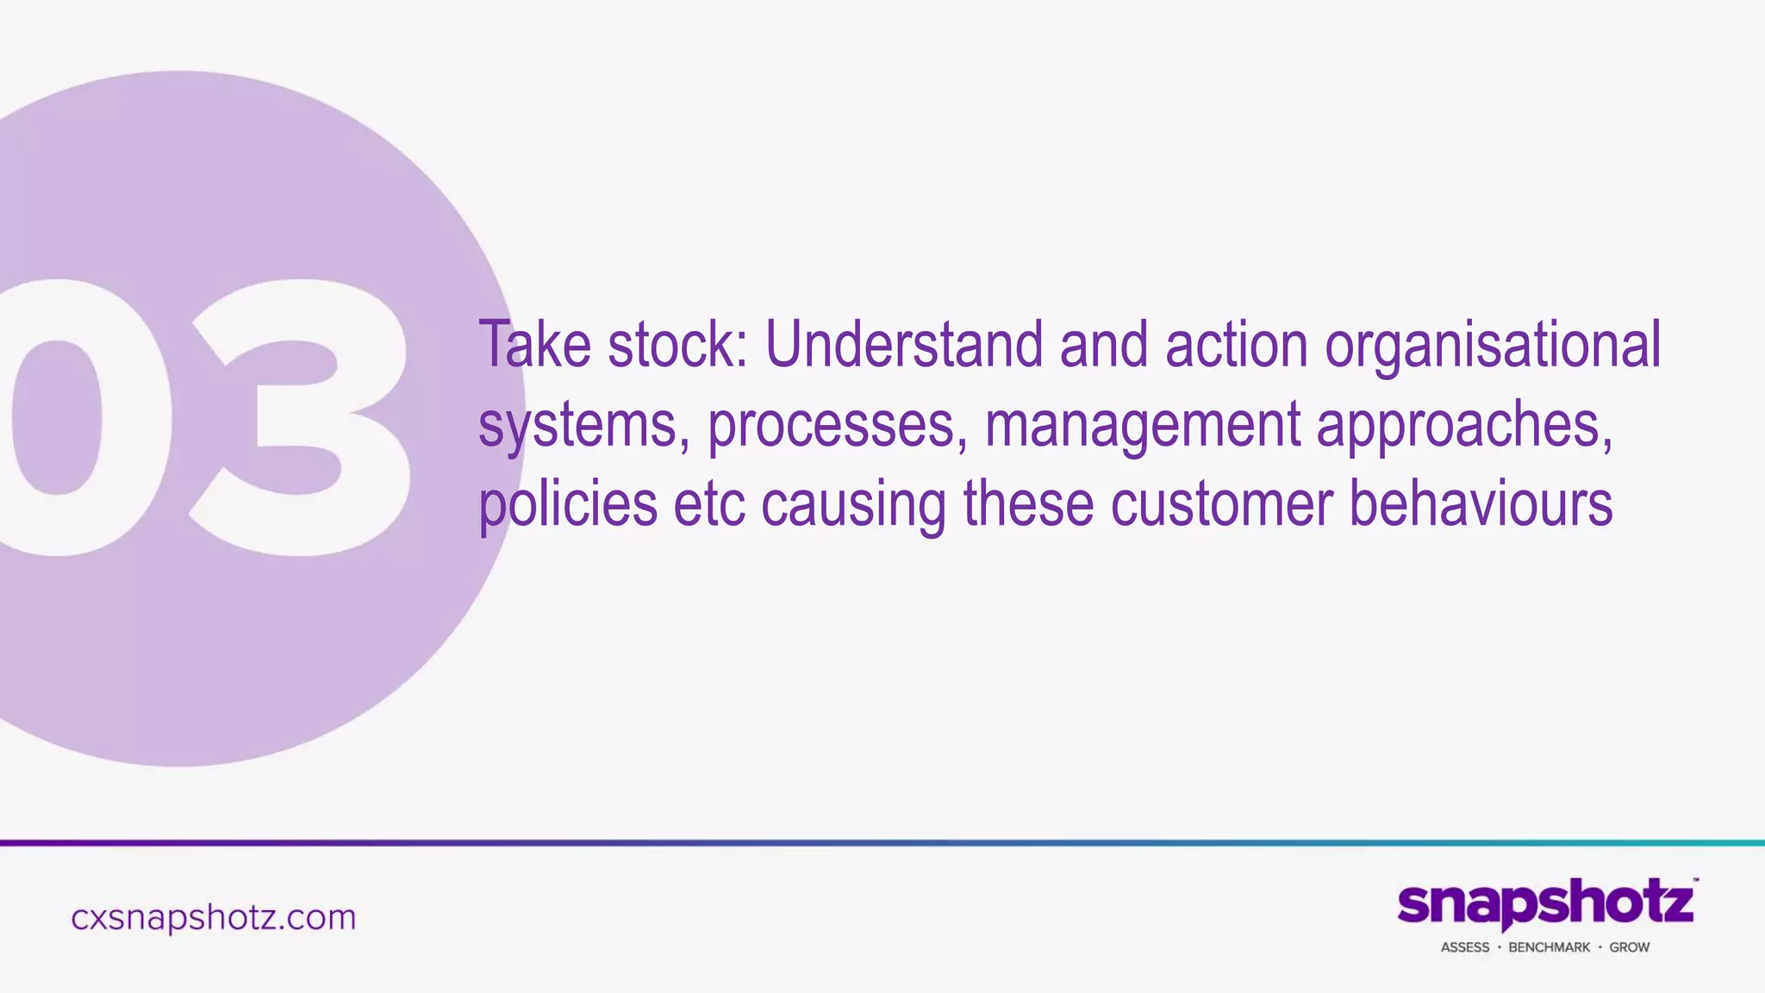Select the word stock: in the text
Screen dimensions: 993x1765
click(x=678, y=345)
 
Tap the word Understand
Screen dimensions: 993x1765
click(x=903, y=345)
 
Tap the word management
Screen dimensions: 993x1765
click(x=1143, y=426)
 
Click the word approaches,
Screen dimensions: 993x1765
click(x=1464, y=426)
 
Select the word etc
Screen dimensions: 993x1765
click(x=709, y=505)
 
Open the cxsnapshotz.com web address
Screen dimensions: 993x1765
click(x=213, y=917)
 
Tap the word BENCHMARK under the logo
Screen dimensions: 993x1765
click(x=1549, y=947)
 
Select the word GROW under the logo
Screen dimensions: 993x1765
click(x=1629, y=947)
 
